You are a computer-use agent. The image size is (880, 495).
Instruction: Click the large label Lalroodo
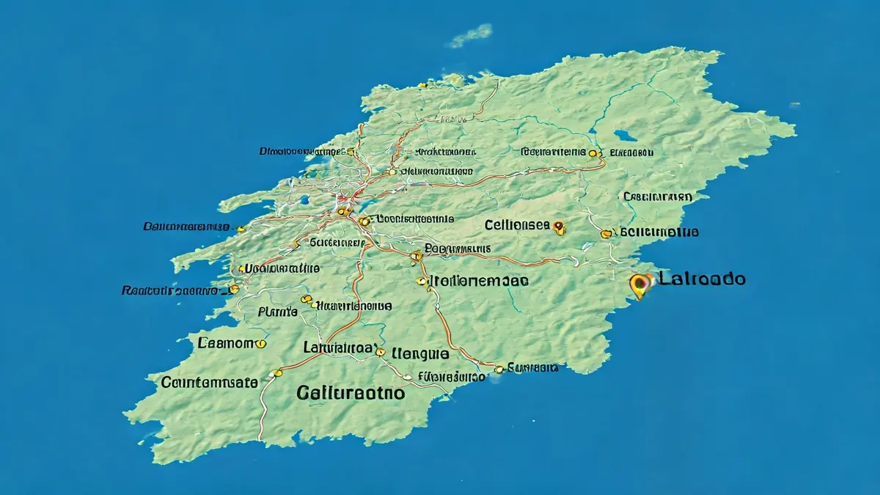702,279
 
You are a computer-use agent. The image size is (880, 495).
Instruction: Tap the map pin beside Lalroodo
641,283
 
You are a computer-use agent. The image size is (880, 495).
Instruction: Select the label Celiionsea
516,224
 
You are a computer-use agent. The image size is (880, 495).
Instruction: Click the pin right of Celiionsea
560,227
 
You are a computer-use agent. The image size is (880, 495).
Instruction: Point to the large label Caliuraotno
351,392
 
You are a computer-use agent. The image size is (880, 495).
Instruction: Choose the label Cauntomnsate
209,382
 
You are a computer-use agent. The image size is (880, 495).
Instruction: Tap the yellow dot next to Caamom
260,342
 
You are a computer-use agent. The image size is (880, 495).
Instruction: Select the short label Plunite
278,312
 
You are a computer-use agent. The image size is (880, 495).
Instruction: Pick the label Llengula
420,353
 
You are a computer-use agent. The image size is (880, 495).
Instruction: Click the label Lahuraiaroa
338,348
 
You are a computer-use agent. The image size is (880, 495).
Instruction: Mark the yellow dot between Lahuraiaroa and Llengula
380,352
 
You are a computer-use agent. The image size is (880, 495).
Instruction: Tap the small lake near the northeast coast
625,136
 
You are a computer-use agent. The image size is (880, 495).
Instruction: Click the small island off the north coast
469,34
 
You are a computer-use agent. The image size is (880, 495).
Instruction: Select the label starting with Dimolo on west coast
301,151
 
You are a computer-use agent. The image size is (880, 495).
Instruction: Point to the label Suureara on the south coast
533,367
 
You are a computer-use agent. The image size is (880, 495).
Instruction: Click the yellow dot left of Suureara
500,369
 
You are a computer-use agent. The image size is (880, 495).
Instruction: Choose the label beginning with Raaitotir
169,290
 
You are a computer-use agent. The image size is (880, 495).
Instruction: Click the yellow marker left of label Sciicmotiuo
606,234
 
